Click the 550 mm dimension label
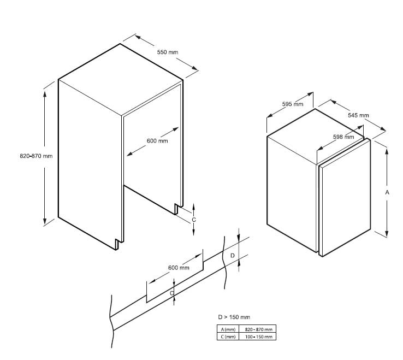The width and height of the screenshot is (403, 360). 168,52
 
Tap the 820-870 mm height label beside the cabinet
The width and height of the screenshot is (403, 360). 36,156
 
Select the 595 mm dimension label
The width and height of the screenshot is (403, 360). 293,104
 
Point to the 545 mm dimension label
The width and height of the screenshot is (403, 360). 358,115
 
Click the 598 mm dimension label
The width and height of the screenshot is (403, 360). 343,137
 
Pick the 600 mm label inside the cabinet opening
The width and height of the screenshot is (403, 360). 157,141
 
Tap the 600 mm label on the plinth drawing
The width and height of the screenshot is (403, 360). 179,268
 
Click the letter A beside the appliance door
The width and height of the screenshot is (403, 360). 387,192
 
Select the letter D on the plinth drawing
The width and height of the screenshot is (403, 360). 232,256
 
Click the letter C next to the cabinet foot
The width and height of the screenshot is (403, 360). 194,220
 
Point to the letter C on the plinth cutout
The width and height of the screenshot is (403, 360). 171,293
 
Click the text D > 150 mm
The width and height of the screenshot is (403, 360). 234,317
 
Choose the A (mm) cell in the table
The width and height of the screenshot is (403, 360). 228,329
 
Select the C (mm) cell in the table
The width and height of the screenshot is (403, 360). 228,337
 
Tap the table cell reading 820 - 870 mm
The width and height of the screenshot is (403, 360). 258,329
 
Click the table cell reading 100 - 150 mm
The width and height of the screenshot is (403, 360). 258,337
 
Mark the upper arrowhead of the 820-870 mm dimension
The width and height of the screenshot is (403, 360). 45,94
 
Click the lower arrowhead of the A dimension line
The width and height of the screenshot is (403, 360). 387,233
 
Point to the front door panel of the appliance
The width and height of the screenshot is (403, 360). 345,198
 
